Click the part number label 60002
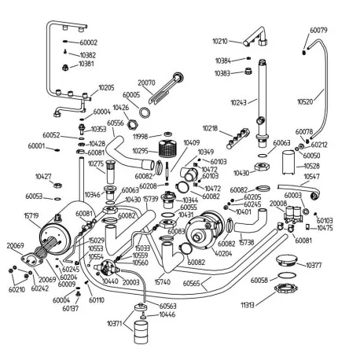89,42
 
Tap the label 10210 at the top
221,40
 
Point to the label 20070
147,82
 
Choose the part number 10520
307,101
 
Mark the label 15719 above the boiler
31,215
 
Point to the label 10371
113,322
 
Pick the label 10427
44,177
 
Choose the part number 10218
210,127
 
